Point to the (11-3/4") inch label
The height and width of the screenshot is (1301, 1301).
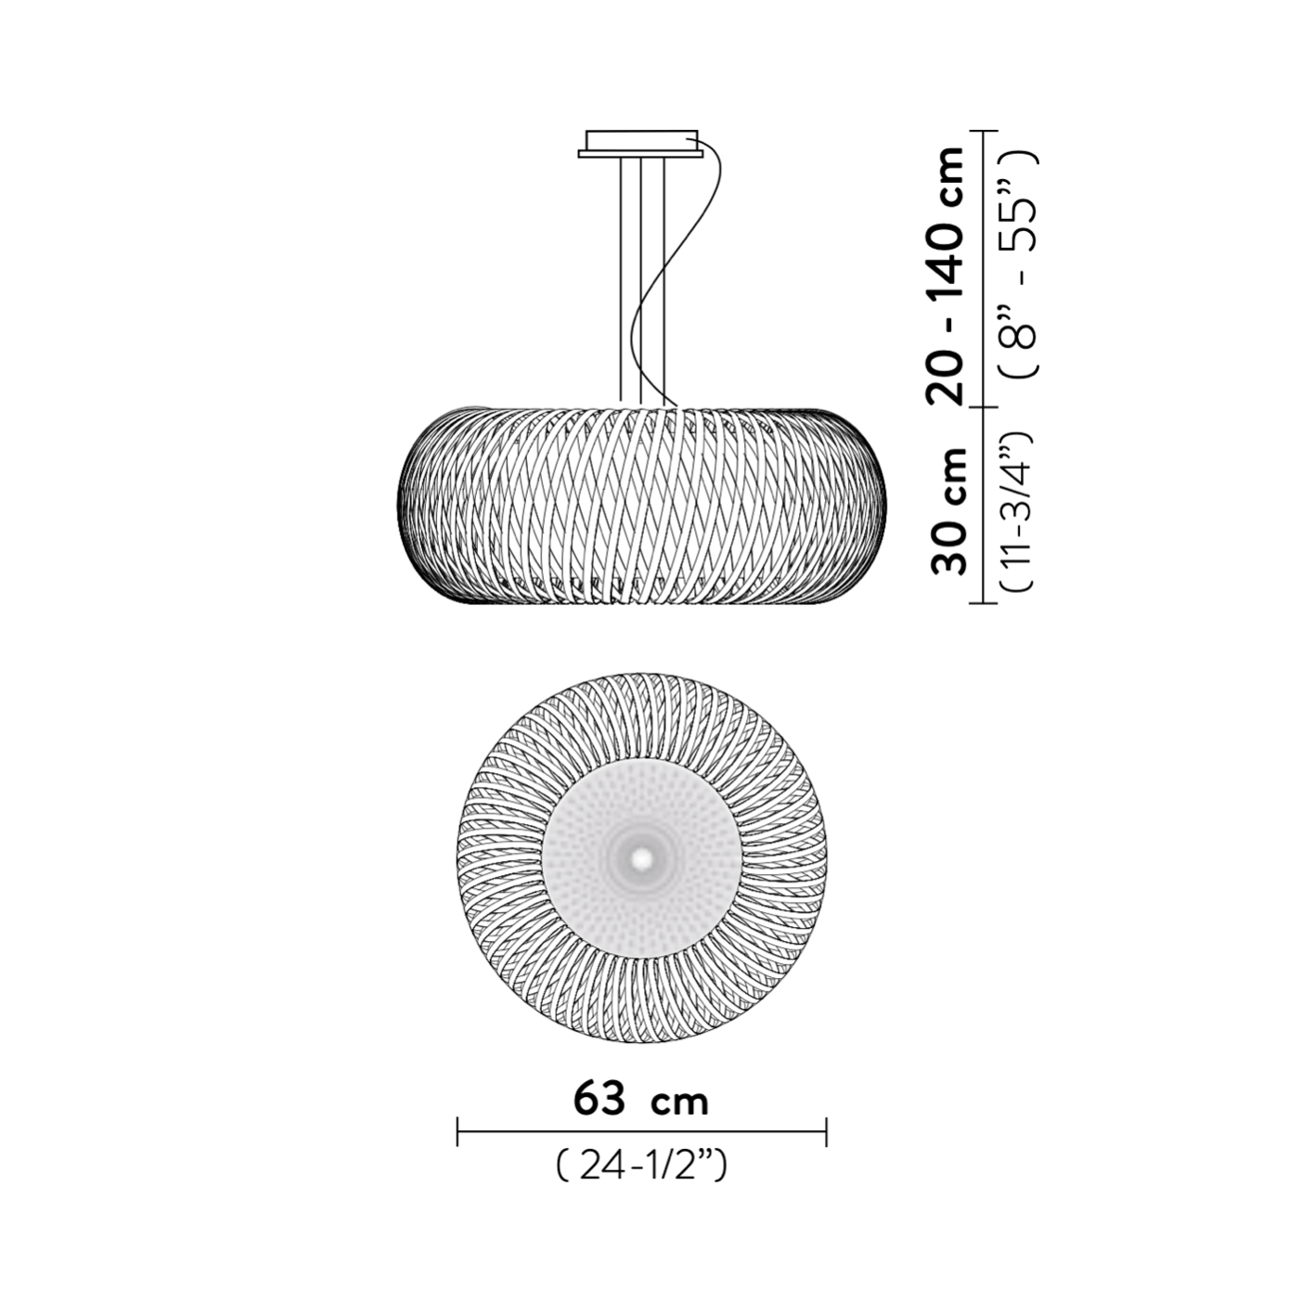[x=1018, y=512]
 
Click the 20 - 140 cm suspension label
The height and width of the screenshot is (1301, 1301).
[x=947, y=276]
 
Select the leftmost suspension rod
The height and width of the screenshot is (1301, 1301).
[x=620, y=280]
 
